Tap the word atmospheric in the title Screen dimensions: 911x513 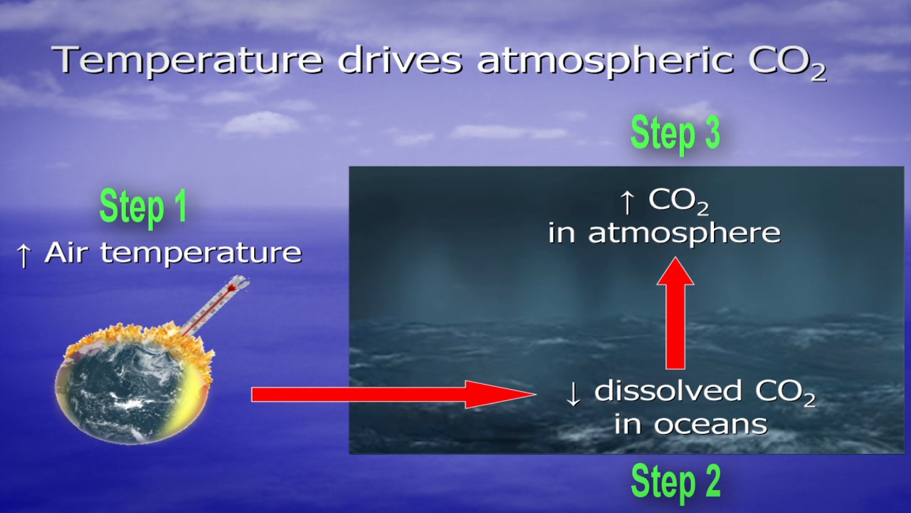[606, 61]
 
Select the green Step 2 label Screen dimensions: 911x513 [675, 482]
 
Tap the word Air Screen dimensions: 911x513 [66, 252]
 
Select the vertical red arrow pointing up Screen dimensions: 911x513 [675, 313]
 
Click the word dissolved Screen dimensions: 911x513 [668, 390]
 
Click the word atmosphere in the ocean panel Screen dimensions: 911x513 [684, 234]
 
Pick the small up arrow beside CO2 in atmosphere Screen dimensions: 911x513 [627, 202]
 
